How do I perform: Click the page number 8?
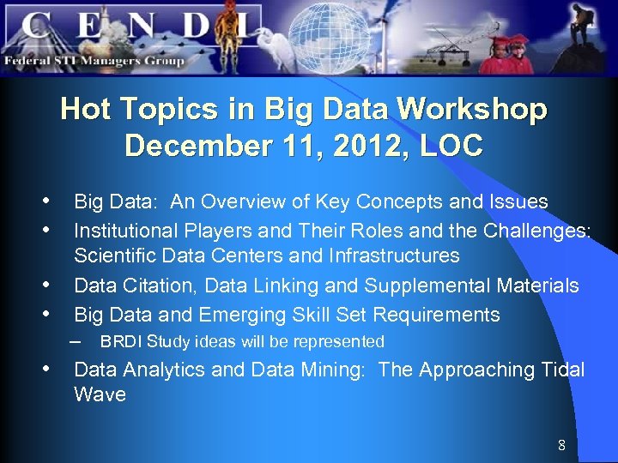tap(561, 445)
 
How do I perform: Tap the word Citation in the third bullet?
tap(155, 286)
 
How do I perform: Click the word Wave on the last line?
tap(100, 395)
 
